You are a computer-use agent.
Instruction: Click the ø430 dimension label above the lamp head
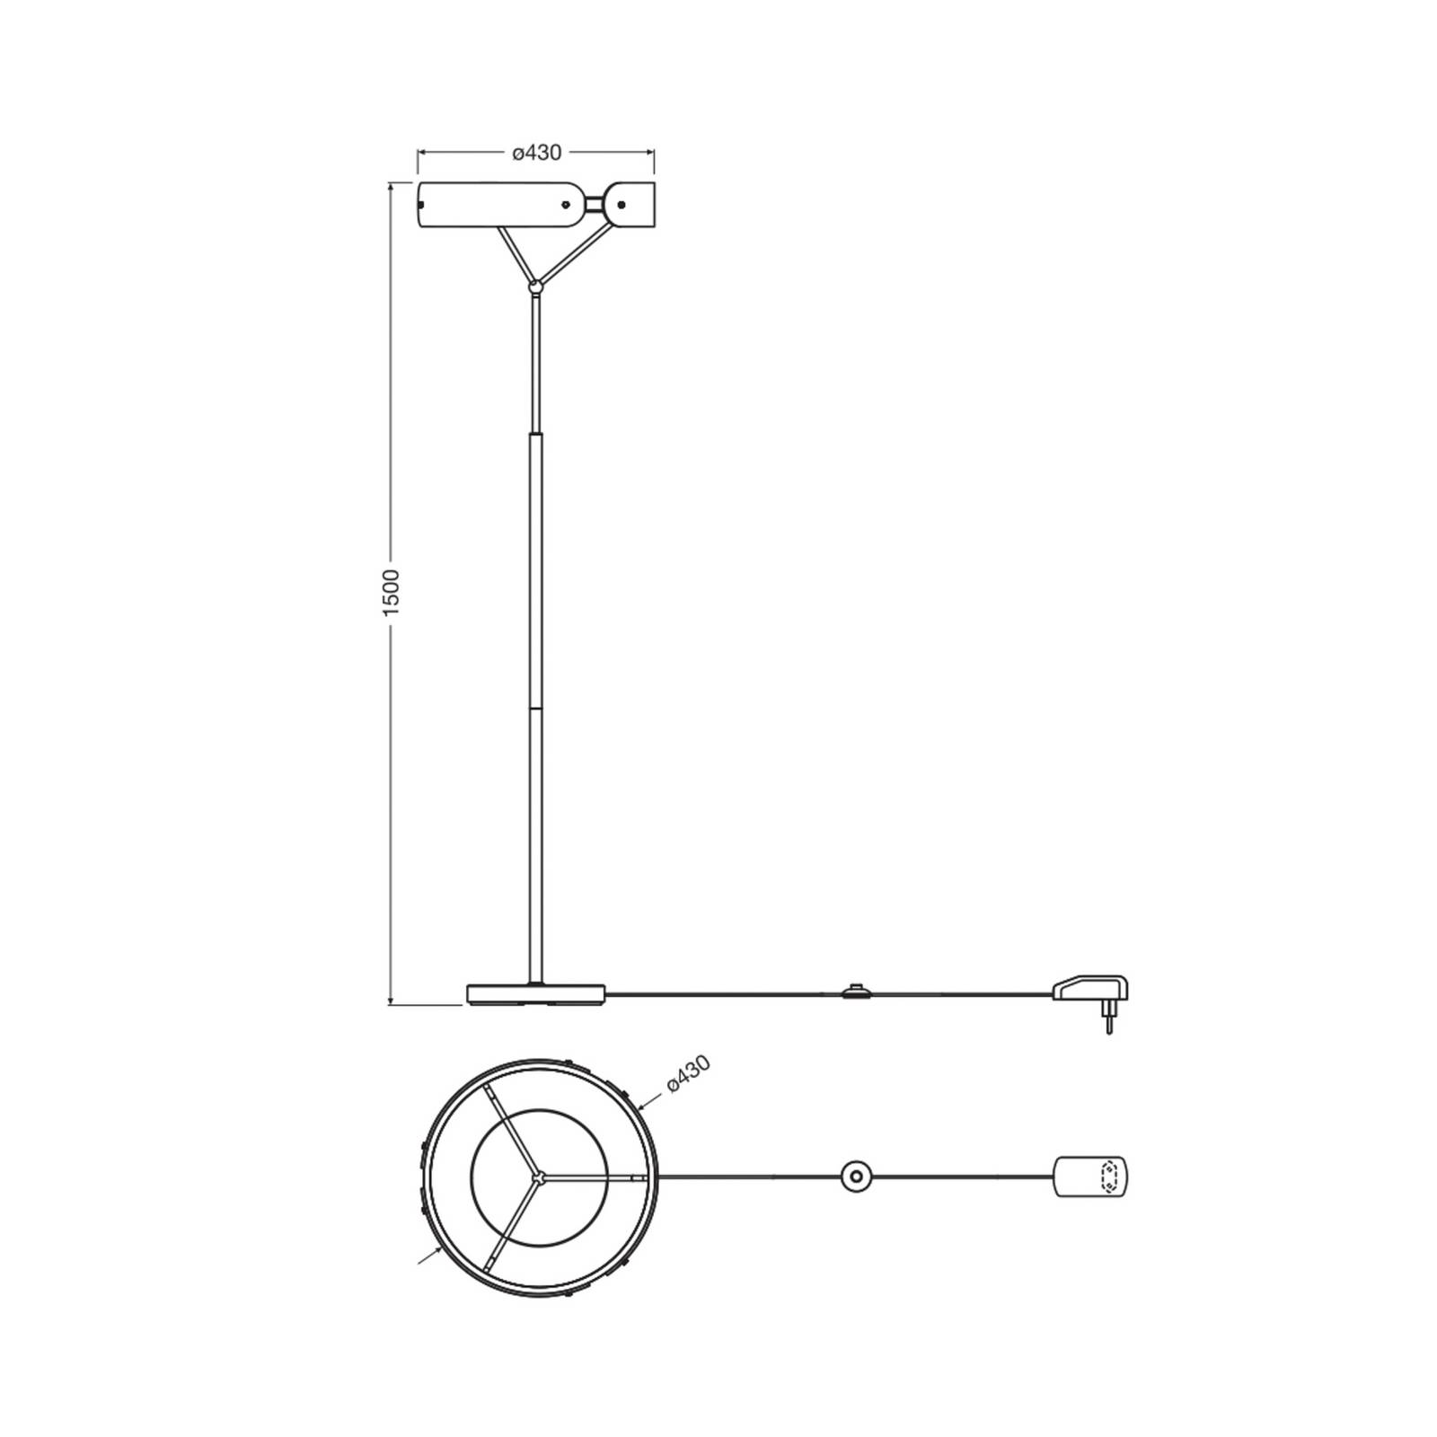click(537, 153)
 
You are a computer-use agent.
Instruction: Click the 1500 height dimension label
click(391, 592)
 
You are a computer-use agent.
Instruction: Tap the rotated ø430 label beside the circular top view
click(689, 1074)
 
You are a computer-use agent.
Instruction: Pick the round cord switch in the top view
click(856, 1176)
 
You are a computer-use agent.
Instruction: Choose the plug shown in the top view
click(1090, 1177)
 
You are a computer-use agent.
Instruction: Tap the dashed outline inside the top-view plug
click(1109, 1177)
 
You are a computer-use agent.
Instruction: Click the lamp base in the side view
click(536, 994)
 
